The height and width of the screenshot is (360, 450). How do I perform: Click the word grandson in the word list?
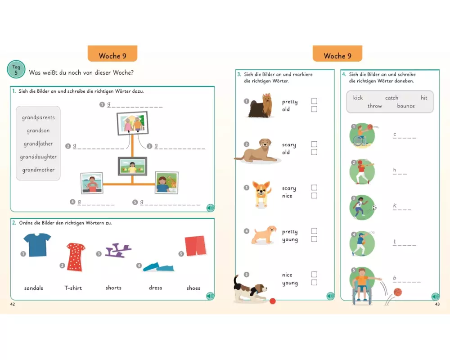click(x=38, y=130)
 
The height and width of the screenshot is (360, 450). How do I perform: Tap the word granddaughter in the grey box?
click(x=38, y=157)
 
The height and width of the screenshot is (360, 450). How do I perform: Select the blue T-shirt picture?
click(x=37, y=245)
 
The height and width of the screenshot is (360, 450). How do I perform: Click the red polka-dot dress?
click(x=76, y=257)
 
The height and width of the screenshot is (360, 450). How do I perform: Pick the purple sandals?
click(x=118, y=250)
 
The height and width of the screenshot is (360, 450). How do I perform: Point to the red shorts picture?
click(x=195, y=245)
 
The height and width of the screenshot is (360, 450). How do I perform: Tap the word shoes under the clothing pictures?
click(x=193, y=288)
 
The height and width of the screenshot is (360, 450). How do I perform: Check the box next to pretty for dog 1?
click(x=314, y=101)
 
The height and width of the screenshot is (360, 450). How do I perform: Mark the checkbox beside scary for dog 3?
click(x=314, y=188)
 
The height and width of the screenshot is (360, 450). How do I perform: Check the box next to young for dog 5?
click(x=314, y=283)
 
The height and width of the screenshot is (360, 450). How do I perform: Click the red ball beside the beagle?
click(x=273, y=301)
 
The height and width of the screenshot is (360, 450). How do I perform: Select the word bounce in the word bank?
click(x=406, y=106)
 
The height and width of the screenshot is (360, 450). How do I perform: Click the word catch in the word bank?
click(x=391, y=98)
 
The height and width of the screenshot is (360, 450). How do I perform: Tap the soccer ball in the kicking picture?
click(x=374, y=207)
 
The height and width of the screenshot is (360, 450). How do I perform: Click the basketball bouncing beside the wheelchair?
click(x=397, y=292)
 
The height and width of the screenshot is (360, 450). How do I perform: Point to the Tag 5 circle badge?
click(x=16, y=69)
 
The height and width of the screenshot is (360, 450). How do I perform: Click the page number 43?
click(x=437, y=304)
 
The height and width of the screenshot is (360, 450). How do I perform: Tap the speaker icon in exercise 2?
click(x=210, y=296)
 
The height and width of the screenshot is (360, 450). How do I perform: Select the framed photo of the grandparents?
click(x=132, y=123)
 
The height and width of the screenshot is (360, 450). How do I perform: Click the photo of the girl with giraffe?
click(x=167, y=183)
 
